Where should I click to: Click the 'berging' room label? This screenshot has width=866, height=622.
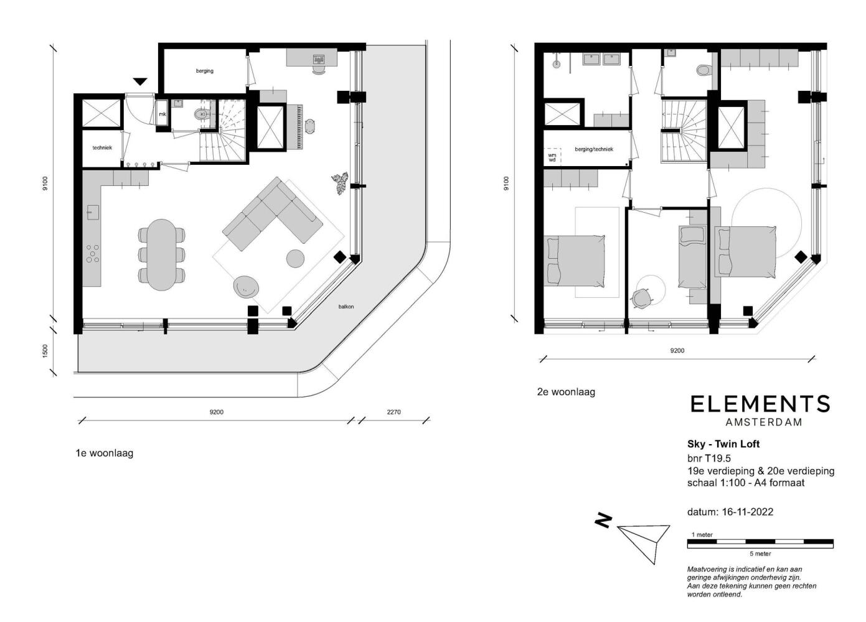click(204, 71)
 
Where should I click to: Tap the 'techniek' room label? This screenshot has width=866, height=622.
click(102, 147)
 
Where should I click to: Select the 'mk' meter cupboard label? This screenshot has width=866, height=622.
click(162, 114)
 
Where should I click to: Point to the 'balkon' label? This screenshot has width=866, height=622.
click(346, 307)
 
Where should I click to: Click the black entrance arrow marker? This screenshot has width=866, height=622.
click(140, 81)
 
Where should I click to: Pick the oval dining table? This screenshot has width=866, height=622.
click(162, 254)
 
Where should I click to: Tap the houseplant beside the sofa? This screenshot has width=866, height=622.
click(340, 183)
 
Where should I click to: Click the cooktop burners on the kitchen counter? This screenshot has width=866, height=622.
click(92, 253)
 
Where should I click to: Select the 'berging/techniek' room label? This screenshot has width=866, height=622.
click(594, 149)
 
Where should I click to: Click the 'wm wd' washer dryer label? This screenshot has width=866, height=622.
click(552, 157)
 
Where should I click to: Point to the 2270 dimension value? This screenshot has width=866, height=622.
click(393, 412)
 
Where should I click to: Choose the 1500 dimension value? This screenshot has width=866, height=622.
click(45, 351)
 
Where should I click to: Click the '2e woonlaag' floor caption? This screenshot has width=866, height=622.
click(566, 392)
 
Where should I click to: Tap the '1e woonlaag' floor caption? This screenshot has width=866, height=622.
click(105, 453)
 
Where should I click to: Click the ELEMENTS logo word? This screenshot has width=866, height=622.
click(760, 404)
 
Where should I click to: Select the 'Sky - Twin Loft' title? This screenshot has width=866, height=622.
click(723, 444)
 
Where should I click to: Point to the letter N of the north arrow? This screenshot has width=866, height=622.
click(603, 521)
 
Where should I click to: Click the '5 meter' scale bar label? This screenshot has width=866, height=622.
click(760, 554)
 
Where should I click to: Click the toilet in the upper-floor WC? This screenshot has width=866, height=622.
click(704, 70)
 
